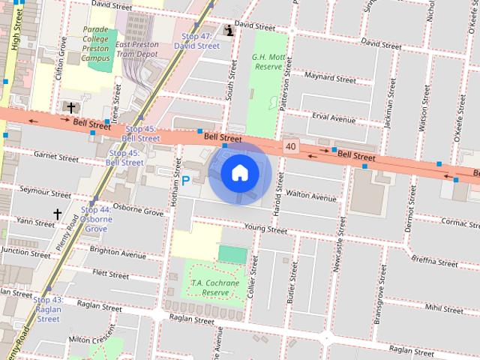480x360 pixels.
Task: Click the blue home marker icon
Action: pyautogui.click(x=240, y=173)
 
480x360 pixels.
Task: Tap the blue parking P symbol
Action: pyautogui.click(x=186, y=180)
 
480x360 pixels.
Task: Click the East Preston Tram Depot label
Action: pyautogui.click(x=137, y=49)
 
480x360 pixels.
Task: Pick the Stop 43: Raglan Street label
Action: pyautogui.click(x=48, y=309)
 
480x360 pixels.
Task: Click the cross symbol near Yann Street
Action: pyautogui.click(x=58, y=214)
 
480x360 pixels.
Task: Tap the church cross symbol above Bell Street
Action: pyautogui.click(x=71, y=108)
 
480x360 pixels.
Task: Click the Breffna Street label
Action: pyautogui.click(x=434, y=262)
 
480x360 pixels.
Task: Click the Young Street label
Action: pyautogui.click(x=265, y=229)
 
